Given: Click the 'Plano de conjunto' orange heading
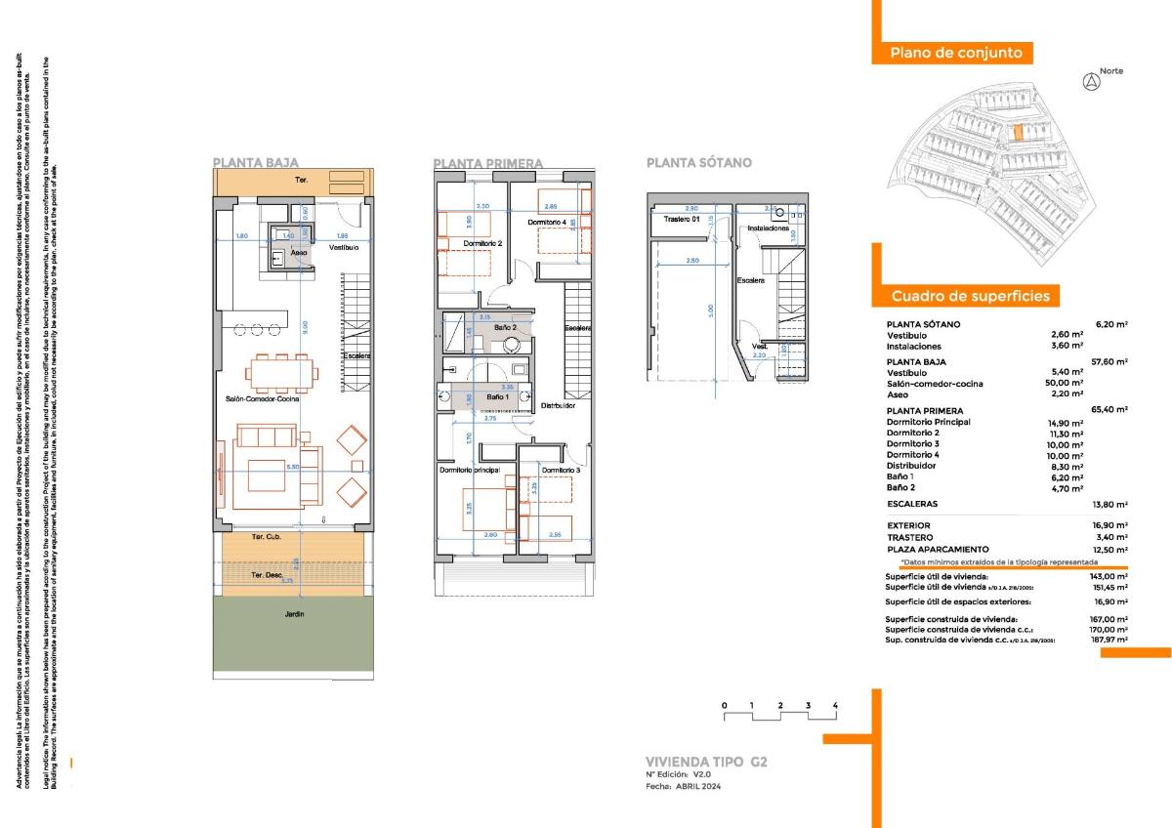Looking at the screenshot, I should tap(955, 54).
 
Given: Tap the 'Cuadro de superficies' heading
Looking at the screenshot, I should tap(970, 296).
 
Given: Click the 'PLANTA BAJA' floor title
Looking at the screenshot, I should tap(255, 163).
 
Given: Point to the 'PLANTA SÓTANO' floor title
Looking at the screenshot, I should tap(698, 163).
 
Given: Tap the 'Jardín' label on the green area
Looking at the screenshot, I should tap(295, 614).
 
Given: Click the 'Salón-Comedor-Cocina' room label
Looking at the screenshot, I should tap(262, 398).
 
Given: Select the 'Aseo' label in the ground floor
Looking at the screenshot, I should tap(300, 253).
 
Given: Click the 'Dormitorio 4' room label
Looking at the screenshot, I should tap(548, 223).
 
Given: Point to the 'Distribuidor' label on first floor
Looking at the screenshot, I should tap(559, 405).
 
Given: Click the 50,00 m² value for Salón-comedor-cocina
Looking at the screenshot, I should tap(1065, 384).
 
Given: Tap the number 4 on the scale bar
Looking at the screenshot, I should tap(835, 704).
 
